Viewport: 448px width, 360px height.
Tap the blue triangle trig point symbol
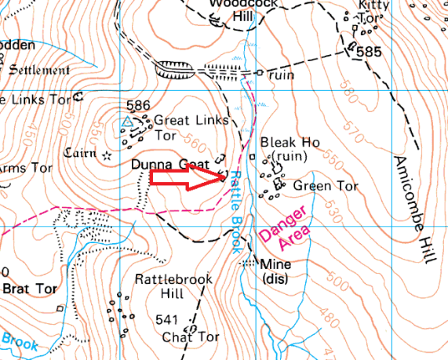click(126, 122)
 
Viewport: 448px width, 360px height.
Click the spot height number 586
click(138, 105)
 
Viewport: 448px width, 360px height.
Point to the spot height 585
click(368, 53)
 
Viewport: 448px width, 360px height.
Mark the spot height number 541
click(166, 320)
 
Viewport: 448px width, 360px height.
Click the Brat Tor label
click(30, 289)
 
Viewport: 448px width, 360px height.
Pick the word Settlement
click(38, 70)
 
